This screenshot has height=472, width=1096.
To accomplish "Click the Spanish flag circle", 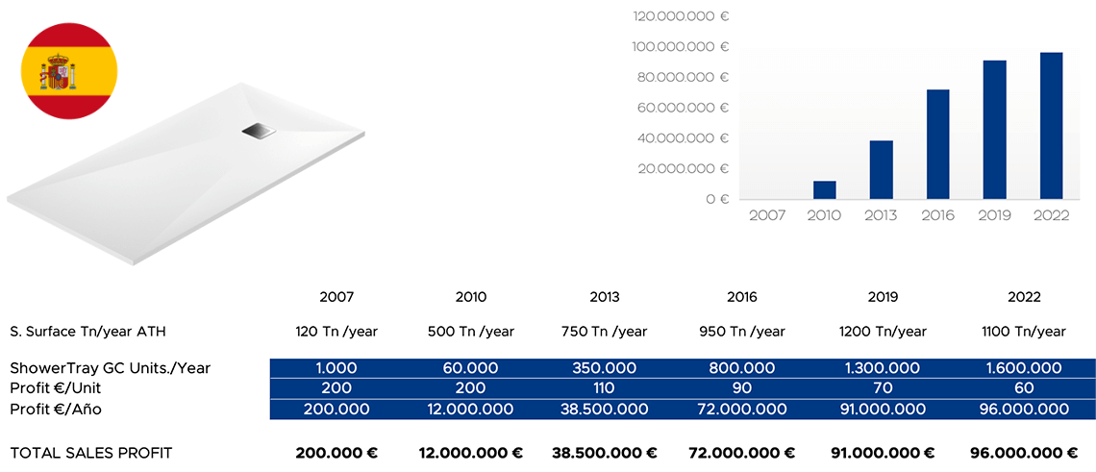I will (69, 73).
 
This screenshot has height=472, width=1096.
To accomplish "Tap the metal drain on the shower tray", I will (258, 131).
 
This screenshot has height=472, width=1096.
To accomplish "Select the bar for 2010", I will (824, 190).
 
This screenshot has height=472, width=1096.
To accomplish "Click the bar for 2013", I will (881, 170).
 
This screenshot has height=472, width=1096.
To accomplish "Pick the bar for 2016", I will (937, 144).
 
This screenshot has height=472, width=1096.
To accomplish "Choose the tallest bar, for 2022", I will (1051, 126).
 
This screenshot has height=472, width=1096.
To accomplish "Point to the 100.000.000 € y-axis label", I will (681, 46).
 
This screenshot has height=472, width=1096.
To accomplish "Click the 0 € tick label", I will (717, 199).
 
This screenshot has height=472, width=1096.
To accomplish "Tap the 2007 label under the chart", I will (767, 215).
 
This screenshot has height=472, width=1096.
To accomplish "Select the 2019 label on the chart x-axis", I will (994, 215).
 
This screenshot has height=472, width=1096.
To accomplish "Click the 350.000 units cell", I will (605, 368).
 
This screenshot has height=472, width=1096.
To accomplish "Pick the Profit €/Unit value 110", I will (605, 388).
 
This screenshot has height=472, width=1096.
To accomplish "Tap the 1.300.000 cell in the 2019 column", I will (883, 368).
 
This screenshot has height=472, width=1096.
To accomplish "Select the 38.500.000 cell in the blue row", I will (605, 410).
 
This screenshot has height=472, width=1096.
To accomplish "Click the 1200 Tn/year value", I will (883, 332).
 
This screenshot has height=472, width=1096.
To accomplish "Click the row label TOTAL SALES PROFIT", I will (90, 453).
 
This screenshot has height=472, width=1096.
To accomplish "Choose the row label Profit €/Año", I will (56, 410).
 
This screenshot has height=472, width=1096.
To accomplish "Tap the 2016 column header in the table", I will (742, 297).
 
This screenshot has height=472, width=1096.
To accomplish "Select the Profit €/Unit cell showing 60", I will (1024, 388).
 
